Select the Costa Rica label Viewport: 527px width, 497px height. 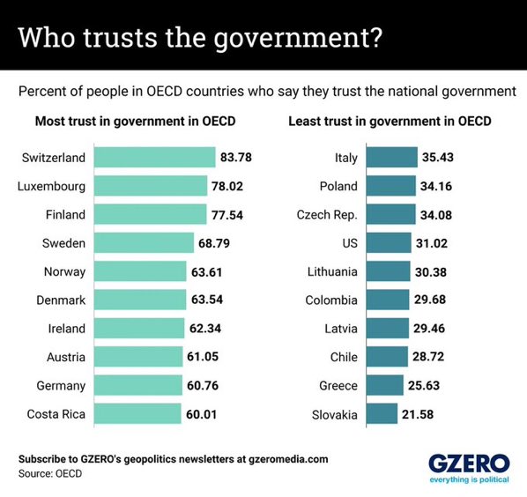tap(56, 413)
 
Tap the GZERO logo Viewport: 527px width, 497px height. tap(469, 464)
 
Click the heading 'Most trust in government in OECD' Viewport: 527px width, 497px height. tap(135, 121)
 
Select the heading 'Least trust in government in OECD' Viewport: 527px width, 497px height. tap(390, 121)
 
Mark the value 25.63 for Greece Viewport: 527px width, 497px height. tap(427, 385)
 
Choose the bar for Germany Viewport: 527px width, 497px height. tap(137, 385)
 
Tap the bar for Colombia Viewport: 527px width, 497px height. tap(387, 300)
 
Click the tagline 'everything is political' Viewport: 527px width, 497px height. tap(469, 480)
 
